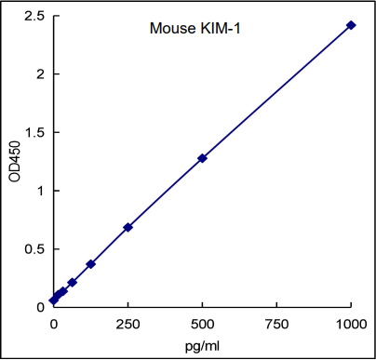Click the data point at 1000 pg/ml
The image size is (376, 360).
(351, 25)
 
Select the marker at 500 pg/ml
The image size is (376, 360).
(202, 158)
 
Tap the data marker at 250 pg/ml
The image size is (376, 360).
(128, 227)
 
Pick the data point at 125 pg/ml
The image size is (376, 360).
(90, 264)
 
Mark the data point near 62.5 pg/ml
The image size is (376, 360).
(72, 282)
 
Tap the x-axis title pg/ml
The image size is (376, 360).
(202, 345)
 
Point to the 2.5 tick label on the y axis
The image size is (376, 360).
(34, 16)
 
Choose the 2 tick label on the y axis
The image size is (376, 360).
(40, 74)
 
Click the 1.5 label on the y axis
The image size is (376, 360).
(34, 133)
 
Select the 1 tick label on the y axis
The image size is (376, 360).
(40, 191)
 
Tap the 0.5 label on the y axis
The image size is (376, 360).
(34, 249)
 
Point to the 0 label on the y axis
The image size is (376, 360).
(40, 307)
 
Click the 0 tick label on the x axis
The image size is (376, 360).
(53, 322)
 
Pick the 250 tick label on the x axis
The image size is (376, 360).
(128, 322)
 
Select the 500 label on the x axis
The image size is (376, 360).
(202, 322)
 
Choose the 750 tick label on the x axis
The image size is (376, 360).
(276, 322)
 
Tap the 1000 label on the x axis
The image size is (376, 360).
(351, 322)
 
